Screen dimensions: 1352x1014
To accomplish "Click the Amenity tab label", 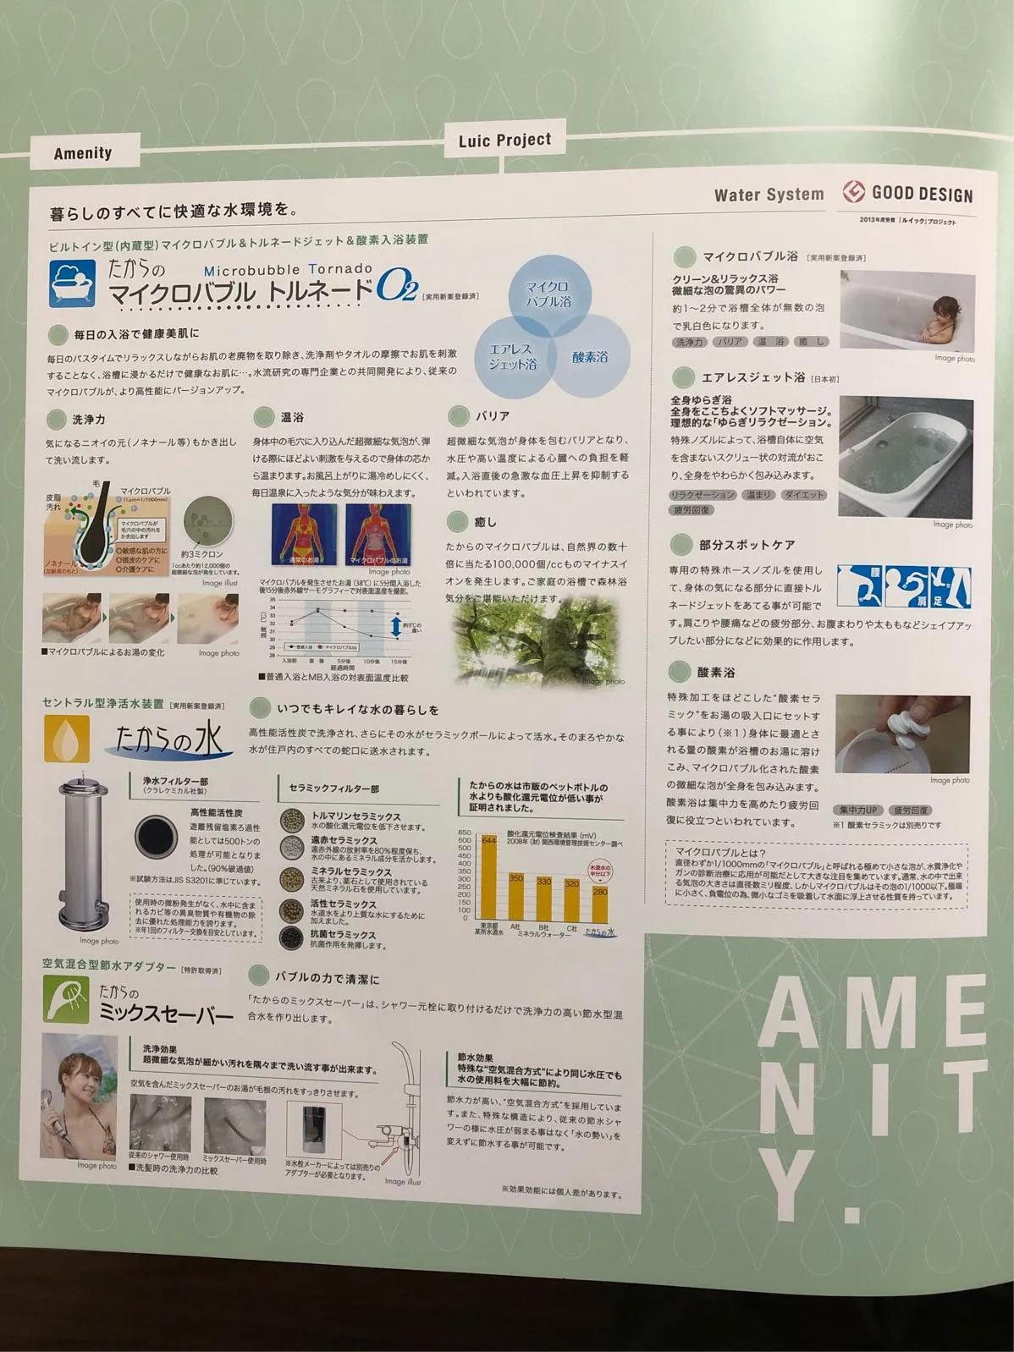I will (x=82, y=153).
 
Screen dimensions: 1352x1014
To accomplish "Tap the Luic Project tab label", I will (x=504, y=140).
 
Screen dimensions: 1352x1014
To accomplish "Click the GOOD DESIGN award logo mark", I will (x=852, y=192).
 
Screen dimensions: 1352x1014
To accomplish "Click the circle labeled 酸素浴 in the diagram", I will (x=590, y=356).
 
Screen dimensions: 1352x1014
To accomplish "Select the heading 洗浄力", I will (x=88, y=419).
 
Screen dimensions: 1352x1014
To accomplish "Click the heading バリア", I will (x=492, y=415).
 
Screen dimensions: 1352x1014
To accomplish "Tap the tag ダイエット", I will (x=803, y=495).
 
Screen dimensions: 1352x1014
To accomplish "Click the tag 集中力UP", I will (x=857, y=810).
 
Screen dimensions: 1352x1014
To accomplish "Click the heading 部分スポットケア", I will (x=747, y=545).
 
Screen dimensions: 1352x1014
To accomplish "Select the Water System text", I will (x=769, y=195).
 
